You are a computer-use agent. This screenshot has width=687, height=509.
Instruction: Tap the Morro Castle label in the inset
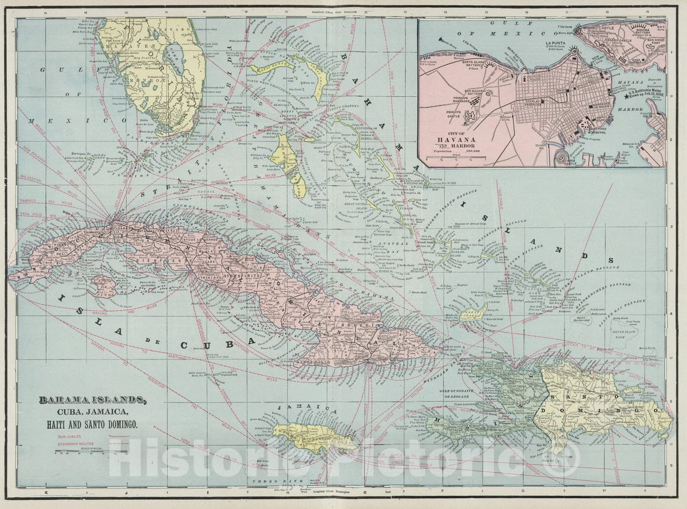coord(595,27)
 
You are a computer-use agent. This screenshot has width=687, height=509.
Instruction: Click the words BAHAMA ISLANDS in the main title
coord(92,400)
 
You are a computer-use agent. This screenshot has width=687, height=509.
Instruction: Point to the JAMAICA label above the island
coord(298,409)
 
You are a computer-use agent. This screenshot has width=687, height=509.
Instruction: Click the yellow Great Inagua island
coord(473,312)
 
